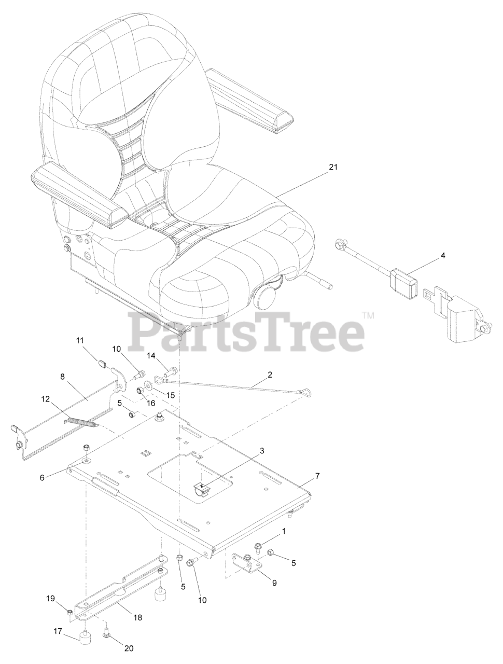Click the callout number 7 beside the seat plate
click(x=317, y=476)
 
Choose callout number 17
click(x=58, y=631)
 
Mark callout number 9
click(x=274, y=583)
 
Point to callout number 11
click(x=79, y=340)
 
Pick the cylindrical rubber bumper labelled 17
click(x=85, y=637)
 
